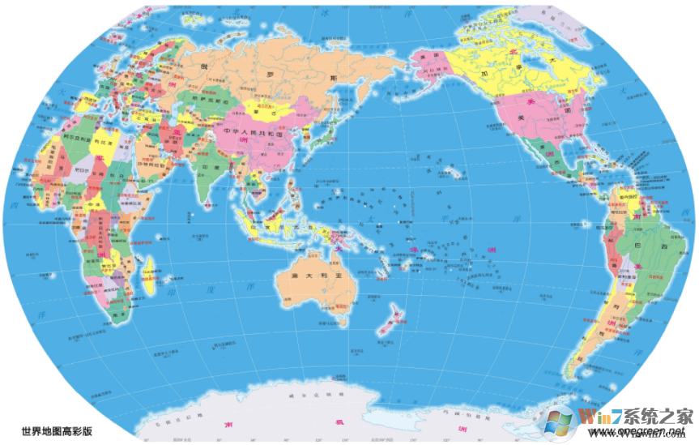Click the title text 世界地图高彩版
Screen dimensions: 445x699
tap(57, 431)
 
